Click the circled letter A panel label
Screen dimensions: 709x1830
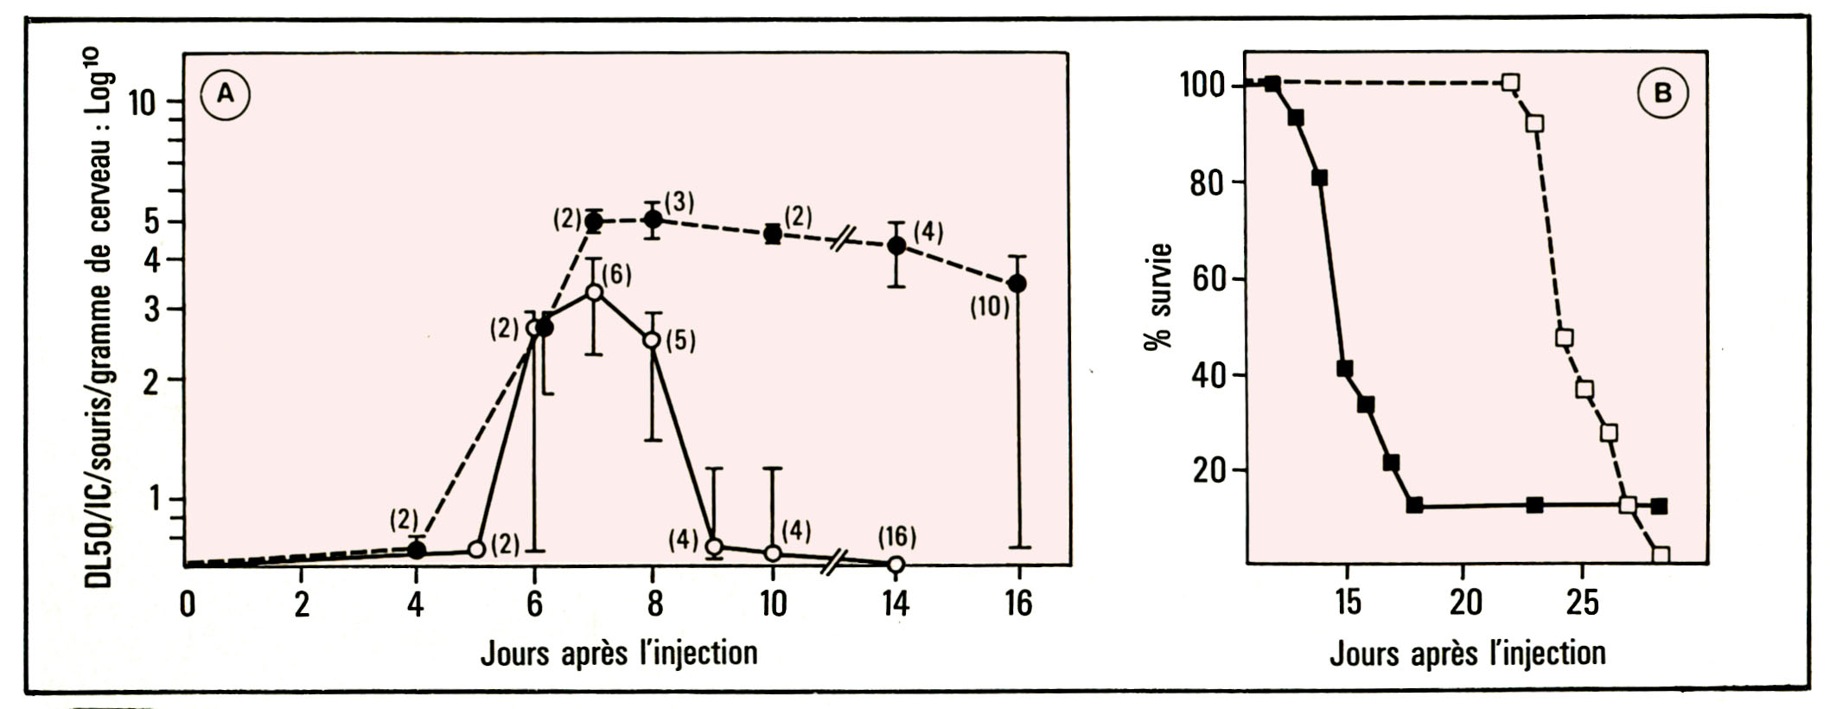[225, 93]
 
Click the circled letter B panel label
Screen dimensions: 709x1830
[1661, 93]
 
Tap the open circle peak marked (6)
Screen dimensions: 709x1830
[594, 292]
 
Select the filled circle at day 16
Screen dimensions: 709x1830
[1018, 284]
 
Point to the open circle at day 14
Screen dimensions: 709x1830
[896, 565]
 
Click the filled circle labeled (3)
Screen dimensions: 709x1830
[654, 219]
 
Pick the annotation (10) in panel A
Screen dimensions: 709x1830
[988, 306]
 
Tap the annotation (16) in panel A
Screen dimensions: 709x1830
[896, 537]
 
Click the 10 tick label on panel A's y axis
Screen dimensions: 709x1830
[142, 104]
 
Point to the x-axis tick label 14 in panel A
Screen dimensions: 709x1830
[896, 604]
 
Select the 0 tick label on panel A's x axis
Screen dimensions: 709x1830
[187, 604]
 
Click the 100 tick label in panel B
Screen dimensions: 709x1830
[1203, 86]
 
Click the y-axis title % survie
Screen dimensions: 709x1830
[1158, 296]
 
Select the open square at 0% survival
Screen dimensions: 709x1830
[1660, 555]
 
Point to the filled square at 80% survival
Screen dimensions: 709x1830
[1319, 178]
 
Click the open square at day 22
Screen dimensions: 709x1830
[1510, 83]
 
